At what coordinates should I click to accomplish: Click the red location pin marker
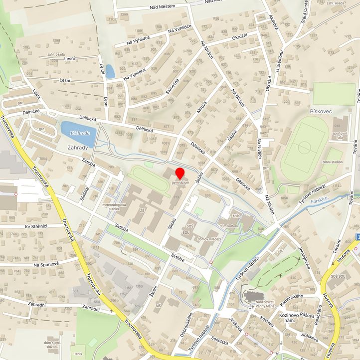point(180,175)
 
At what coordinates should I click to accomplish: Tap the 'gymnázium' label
point(180,183)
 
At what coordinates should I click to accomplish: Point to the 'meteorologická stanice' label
point(114,207)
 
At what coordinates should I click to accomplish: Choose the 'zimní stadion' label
point(333,162)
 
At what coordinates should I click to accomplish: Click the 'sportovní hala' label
point(340,136)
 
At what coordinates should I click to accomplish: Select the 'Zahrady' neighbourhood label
point(78,148)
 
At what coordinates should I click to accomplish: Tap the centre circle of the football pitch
point(304,148)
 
